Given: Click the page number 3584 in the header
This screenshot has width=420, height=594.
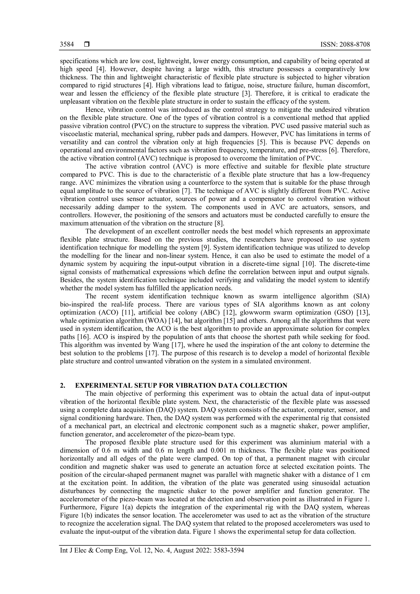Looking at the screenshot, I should click(67, 45).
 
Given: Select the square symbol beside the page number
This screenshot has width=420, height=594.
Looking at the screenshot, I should click(87, 45).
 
